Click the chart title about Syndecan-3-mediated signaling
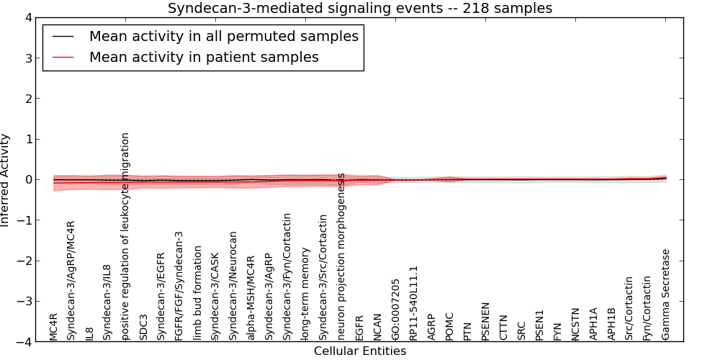click(360, 9)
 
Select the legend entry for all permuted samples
click(223, 36)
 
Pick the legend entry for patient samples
click(204, 57)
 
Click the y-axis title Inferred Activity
click(6, 180)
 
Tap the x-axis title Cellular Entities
click(360, 351)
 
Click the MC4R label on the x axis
click(53, 326)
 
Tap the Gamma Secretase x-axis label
click(665, 294)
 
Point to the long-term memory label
click(305, 294)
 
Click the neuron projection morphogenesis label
click(341, 256)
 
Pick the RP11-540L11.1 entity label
click(413, 302)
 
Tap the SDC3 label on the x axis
click(143, 326)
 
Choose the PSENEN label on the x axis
click(485, 321)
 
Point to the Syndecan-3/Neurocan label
click(233, 286)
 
